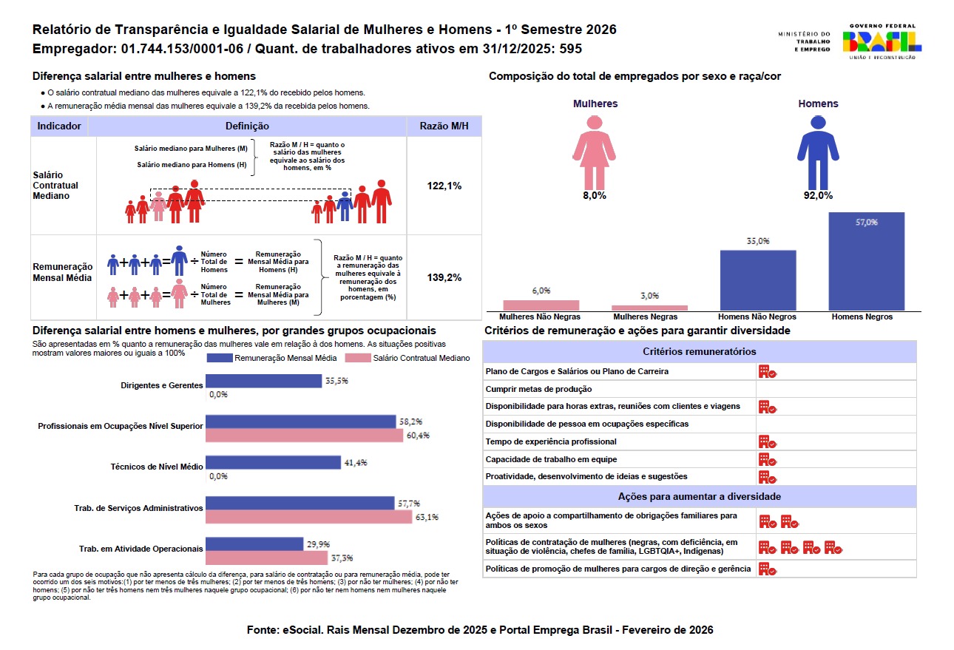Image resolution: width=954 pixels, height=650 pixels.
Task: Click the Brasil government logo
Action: tap(882, 41)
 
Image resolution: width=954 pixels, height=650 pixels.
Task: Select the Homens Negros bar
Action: tap(866, 261)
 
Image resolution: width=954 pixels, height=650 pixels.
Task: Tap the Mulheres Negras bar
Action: tap(649, 308)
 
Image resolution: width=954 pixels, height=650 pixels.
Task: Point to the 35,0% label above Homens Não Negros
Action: tap(758, 241)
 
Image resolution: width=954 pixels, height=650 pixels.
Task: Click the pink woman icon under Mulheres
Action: tap(594, 152)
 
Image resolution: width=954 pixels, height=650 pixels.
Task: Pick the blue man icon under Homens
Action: tap(818, 152)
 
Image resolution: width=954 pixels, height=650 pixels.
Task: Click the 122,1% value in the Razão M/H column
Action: tap(444, 186)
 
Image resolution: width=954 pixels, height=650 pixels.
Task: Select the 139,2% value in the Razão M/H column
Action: tap(444, 277)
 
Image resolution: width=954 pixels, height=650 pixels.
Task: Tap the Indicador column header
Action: tap(58, 126)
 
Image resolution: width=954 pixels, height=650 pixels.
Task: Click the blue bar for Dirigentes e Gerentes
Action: tap(263, 381)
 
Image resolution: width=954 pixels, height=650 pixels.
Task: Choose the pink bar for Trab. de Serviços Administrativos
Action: tap(309, 517)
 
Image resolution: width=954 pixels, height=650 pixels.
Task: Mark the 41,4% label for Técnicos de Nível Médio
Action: tap(356, 463)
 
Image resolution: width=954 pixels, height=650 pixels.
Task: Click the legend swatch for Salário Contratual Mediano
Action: tap(358, 358)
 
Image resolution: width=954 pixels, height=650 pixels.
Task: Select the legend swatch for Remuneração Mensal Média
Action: tap(220, 358)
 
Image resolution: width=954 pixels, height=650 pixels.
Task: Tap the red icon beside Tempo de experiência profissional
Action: tap(768, 441)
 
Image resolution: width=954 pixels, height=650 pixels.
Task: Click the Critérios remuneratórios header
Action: tap(700, 351)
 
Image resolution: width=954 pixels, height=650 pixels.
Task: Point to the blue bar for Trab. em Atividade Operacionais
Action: tap(254, 544)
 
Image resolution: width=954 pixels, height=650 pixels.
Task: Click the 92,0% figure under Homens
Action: tap(818, 195)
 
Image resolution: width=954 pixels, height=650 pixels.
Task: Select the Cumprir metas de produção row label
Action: tap(538, 389)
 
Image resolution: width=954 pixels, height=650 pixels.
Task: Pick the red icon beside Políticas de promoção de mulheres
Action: tap(768, 569)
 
